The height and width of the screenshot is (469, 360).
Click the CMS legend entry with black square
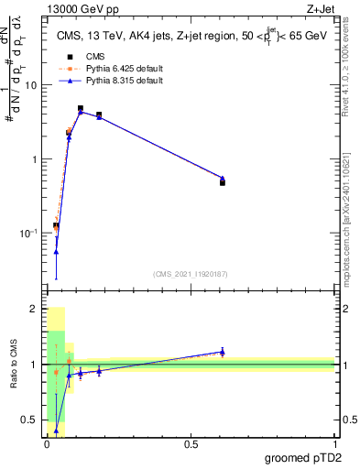pos(83,56)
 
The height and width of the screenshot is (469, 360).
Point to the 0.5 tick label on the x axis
pos(191,445)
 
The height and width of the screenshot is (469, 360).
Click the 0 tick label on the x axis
pos(47,445)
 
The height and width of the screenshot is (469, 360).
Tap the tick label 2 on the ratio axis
pos(34,310)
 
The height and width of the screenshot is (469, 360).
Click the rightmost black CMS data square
pos(223,182)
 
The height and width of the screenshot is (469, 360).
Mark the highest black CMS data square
pos(81,108)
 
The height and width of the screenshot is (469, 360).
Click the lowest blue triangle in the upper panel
pos(56,252)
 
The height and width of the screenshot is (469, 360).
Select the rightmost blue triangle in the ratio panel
pos(223,352)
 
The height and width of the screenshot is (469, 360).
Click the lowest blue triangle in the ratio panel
pos(56,430)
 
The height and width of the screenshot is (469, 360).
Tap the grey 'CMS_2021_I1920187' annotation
pos(190,274)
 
